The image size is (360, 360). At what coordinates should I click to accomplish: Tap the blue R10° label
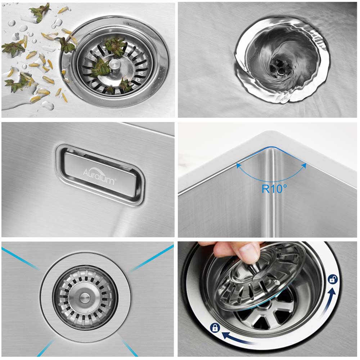[x=274, y=189]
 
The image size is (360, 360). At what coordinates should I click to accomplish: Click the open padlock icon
[x=333, y=279]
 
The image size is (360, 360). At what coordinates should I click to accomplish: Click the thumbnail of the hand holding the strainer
[x=268, y=300]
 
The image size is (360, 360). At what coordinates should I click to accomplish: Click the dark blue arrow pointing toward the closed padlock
[x=239, y=339]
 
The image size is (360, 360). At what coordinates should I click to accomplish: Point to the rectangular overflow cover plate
[x=100, y=175]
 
